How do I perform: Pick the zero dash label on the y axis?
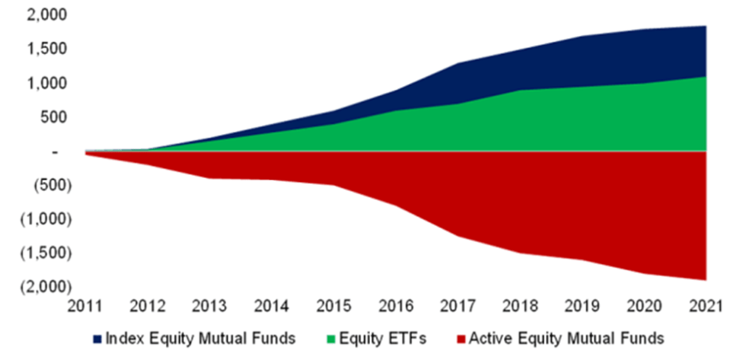point(56,152)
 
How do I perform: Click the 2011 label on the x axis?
point(87,307)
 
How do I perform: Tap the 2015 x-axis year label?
point(335,307)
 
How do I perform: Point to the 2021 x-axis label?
point(706,307)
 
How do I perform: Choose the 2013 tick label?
point(211,307)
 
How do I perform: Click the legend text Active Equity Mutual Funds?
point(566,339)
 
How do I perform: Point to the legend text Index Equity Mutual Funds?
point(201,339)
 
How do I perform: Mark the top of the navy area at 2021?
point(706,26)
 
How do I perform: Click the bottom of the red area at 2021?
point(706,280)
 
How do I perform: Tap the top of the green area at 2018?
point(521,90)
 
